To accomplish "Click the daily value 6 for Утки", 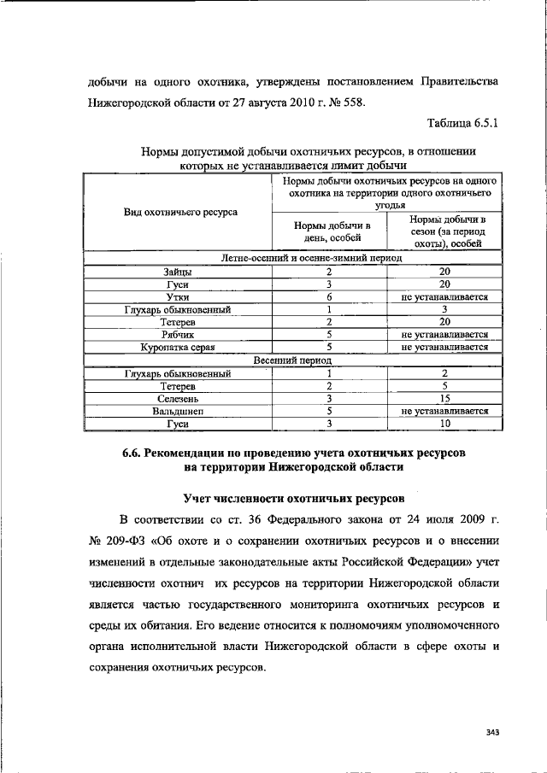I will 328,296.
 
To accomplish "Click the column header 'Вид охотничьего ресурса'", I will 181,211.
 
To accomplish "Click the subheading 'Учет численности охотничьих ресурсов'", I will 289,496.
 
